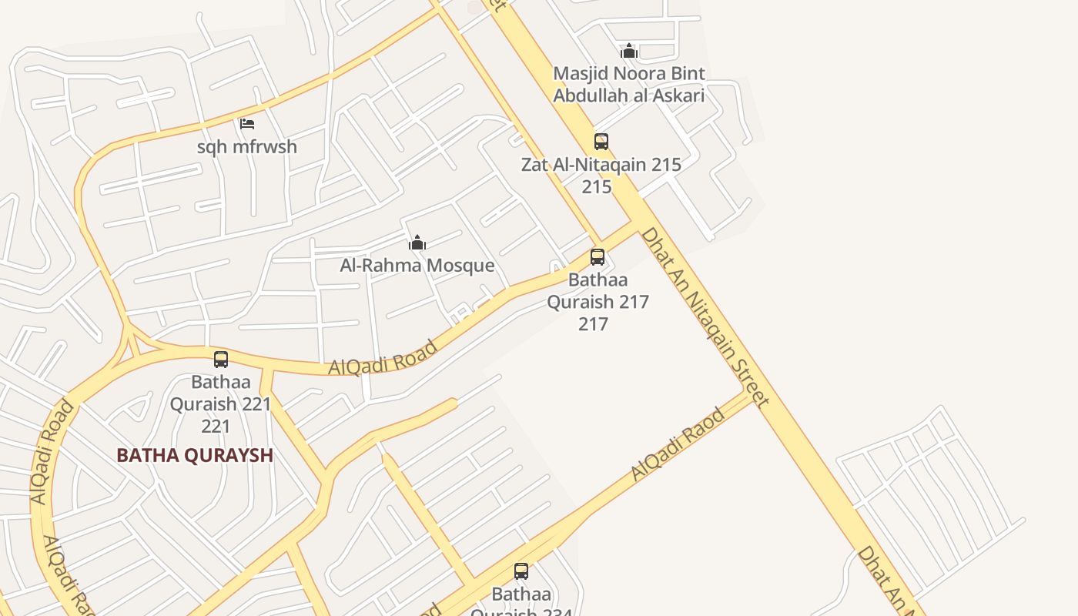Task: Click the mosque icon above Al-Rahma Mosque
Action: pyautogui.click(x=417, y=243)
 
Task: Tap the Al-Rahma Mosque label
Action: pyautogui.click(x=417, y=266)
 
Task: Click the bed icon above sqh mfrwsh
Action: pyautogui.click(x=247, y=123)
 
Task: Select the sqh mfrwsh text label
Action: pyautogui.click(x=247, y=146)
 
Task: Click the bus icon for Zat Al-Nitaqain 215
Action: pyautogui.click(x=601, y=142)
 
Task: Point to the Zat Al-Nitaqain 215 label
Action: pyautogui.click(x=601, y=165)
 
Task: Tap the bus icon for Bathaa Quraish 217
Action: pyautogui.click(x=598, y=257)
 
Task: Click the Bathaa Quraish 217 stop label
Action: pyautogui.click(x=598, y=291)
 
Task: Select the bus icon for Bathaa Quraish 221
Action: pyautogui.click(x=221, y=360)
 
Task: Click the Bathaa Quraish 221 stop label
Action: pyautogui.click(x=220, y=393)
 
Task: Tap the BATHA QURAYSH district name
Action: pyautogui.click(x=195, y=455)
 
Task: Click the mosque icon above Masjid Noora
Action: pyautogui.click(x=629, y=52)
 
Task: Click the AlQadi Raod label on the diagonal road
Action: pyautogui.click(x=678, y=445)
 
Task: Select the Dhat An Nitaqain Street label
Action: pyautogui.click(x=705, y=316)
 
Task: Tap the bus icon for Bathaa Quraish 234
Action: pyautogui.click(x=521, y=571)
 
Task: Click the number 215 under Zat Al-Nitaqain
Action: pyautogui.click(x=597, y=187)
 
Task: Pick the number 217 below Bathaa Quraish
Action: pyautogui.click(x=594, y=324)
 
